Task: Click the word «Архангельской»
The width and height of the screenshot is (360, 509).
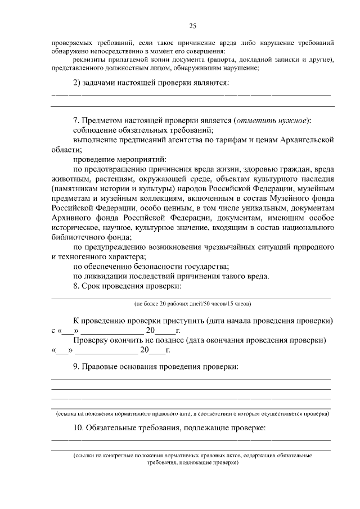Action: [308, 139]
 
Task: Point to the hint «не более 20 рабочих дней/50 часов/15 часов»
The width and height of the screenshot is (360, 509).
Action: [192, 304]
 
